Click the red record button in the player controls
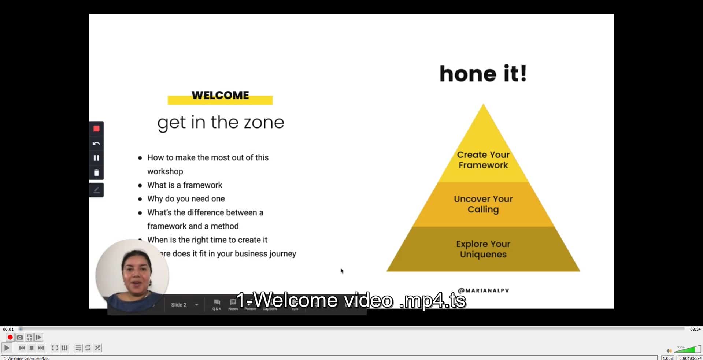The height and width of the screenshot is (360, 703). (10, 337)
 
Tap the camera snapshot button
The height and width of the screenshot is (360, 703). (20, 337)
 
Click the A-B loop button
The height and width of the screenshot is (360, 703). (29, 337)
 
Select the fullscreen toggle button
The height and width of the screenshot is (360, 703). (55, 348)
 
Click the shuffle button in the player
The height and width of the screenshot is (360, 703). (97, 348)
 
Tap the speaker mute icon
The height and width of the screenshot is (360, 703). (669, 351)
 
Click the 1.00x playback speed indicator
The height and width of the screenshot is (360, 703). (667, 358)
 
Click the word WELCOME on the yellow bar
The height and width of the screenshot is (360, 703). (220, 96)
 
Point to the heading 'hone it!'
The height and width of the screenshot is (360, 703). (483, 74)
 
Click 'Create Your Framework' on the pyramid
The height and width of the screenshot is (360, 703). (483, 160)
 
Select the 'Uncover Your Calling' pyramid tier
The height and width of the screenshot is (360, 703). (483, 204)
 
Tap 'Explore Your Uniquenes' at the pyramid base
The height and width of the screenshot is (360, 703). (483, 249)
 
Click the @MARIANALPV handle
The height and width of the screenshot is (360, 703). (483, 290)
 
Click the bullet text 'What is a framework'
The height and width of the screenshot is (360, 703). (185, 185)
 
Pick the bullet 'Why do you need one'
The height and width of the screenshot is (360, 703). (186, 199)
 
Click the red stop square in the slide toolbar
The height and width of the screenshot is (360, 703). (96, 129)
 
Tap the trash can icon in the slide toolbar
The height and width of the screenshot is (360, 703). (96, 172)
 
